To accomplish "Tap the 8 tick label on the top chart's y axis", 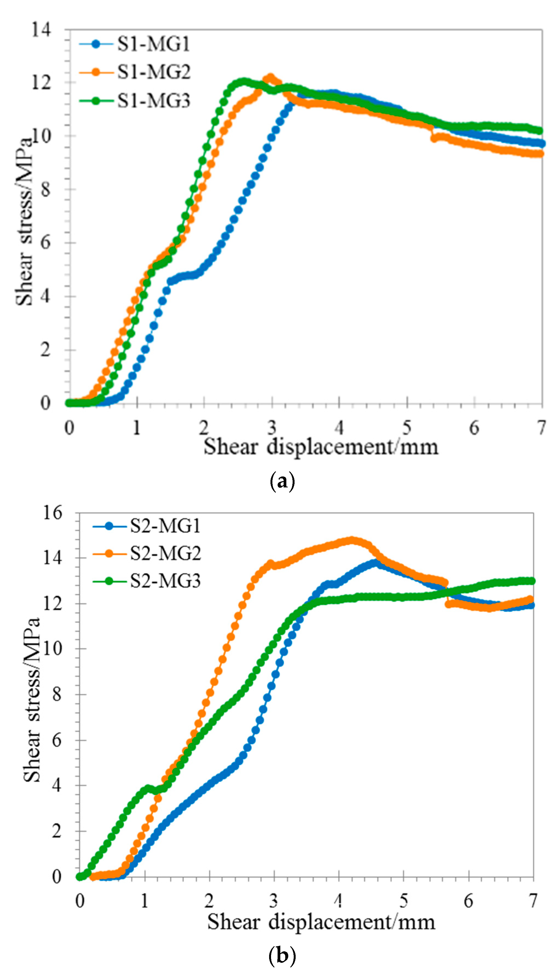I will click(x=45, y=189).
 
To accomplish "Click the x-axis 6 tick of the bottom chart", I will click(x=468, y=901).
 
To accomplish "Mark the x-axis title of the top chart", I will click(x=321, y=446).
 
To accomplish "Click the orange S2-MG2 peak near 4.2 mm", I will click(x=351, y=540).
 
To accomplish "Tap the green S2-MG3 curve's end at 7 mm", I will click(x=531, y=581).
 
